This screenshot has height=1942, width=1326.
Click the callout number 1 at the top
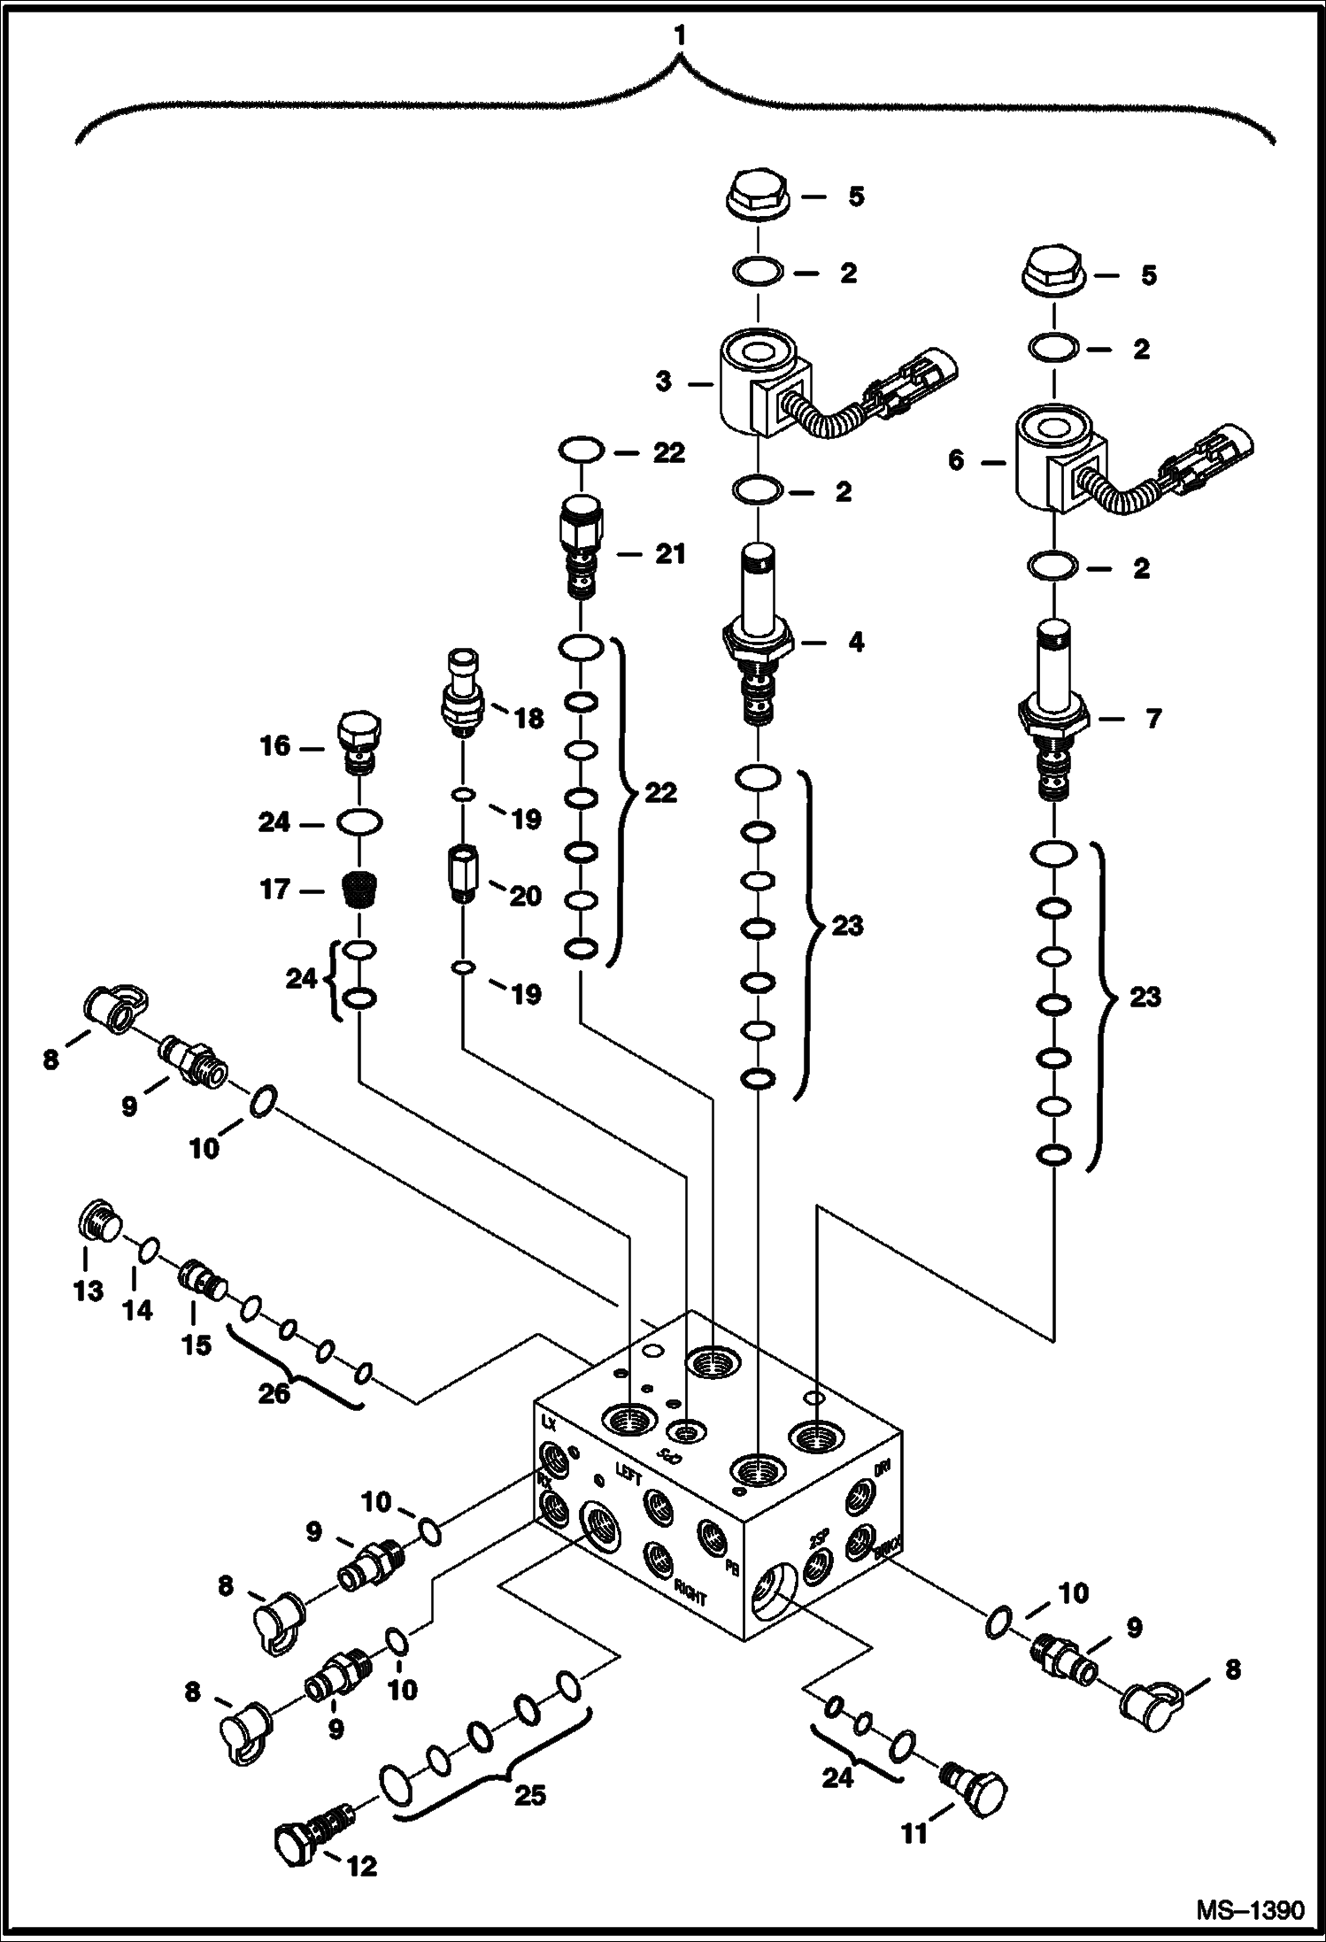(x=679, y=36)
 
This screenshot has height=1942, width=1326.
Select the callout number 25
(x=529, y=1796)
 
